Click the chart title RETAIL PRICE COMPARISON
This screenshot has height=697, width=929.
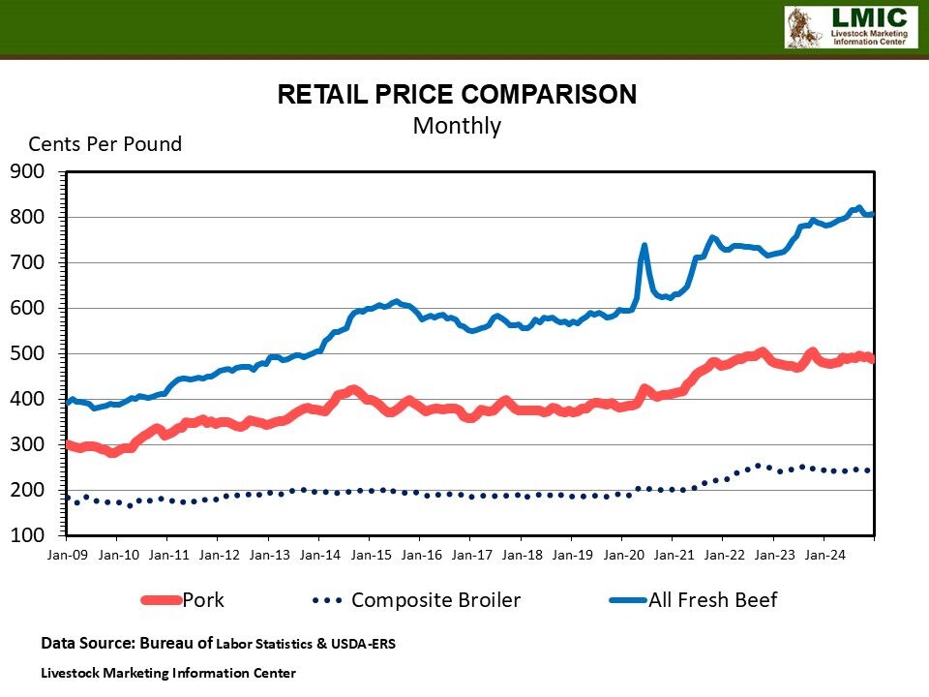coord(457,94)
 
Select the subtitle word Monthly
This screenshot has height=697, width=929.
coord(457,126)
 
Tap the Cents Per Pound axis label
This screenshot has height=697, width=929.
coord(105,144)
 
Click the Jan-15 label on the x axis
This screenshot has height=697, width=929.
coord(370,556)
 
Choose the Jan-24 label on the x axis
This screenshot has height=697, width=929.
coord(824,556)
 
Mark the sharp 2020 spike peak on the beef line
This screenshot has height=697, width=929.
coord(644,245)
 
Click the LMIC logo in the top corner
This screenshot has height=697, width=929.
coord(851,27)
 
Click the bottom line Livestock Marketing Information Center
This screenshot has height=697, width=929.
coord(168,672)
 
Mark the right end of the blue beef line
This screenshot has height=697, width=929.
coord(873,214)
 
